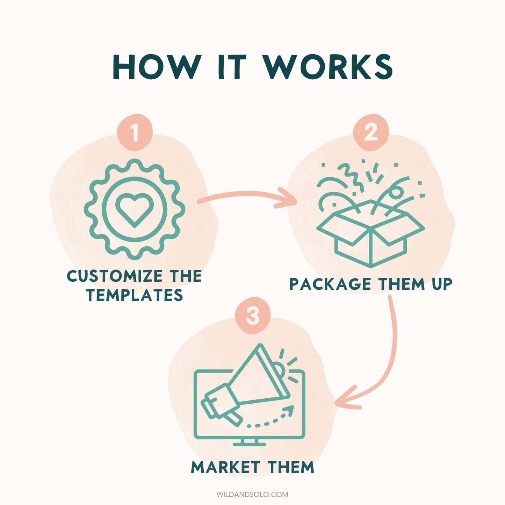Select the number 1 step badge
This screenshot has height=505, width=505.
(x=135, y=132)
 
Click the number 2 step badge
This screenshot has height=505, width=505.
(x=370, y=132)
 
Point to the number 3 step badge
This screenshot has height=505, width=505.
(x=253, y=315)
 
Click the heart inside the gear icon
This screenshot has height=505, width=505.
(x=135, y=210)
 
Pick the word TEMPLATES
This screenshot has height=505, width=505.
(x=135, y=295)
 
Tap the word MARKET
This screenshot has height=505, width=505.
(x=225, y=474)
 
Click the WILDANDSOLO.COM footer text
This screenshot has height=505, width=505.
(x=252, y=495)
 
